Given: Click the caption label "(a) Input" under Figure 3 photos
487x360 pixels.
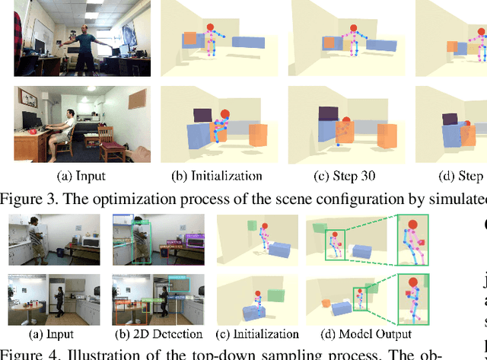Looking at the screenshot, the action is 81,176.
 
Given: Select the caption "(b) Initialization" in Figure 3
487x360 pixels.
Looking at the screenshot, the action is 217,176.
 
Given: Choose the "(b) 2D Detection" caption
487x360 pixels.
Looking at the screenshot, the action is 158,333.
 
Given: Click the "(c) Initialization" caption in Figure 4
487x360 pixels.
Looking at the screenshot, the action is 256,333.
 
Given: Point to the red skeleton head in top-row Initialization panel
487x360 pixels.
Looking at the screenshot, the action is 211,28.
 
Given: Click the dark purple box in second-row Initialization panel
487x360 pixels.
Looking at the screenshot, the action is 203,115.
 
